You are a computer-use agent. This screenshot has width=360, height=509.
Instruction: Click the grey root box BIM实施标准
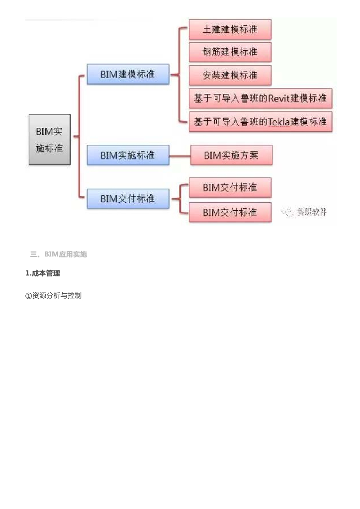tap(49, 139)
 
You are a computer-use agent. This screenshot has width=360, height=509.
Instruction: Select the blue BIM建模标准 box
tap(128, 74)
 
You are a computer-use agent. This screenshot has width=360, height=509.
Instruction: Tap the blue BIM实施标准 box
tap(128, 155)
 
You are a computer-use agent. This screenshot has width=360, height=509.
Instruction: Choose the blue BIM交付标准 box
tap(128, 199)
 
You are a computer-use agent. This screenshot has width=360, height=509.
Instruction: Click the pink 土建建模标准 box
tap(230, 29)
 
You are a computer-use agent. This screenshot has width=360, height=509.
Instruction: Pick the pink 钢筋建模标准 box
tap(230, 52)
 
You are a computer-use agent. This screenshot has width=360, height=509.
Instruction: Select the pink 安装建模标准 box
tap(230, 75)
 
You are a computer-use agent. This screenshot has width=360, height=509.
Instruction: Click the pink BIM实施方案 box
tap(231, 155)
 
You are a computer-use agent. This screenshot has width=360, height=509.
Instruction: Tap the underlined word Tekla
tap(279, 122)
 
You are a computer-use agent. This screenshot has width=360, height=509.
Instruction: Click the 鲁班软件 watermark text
tap(312, 212)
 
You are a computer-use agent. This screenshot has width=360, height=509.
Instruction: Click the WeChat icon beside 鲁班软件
tap(288, 212)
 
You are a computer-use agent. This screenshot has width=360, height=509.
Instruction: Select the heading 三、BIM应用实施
tap(59, 254)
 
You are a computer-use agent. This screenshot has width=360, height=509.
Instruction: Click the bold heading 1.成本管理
tap(43, 273)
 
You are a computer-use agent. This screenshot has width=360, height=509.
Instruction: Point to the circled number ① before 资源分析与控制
tap(28, 296)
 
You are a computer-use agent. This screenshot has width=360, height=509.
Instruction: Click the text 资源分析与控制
tap(57, 296)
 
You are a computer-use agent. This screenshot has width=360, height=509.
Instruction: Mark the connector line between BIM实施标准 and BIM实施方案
tap(180, 156)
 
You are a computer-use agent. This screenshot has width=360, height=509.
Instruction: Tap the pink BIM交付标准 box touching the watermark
tap(230, 212)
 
